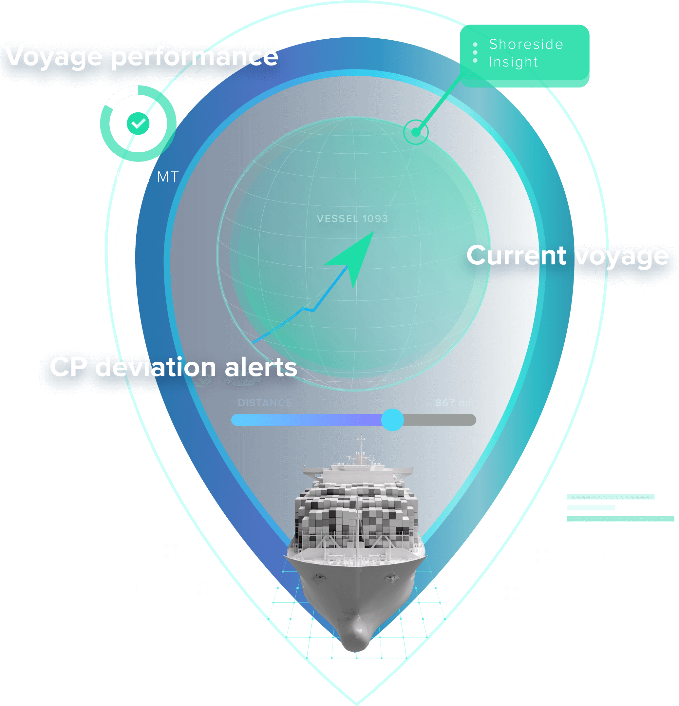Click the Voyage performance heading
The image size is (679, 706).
coord(141,57)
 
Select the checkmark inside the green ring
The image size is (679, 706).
coord(138,123)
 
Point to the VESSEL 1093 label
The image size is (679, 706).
coord(352,219)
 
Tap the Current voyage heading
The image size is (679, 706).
coord(567,256)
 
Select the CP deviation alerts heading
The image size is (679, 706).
coord(173,367)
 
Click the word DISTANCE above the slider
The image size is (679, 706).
coord(264,403)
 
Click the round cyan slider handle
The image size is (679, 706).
coord(392,420)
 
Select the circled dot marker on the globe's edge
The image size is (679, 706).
coord(416,132)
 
